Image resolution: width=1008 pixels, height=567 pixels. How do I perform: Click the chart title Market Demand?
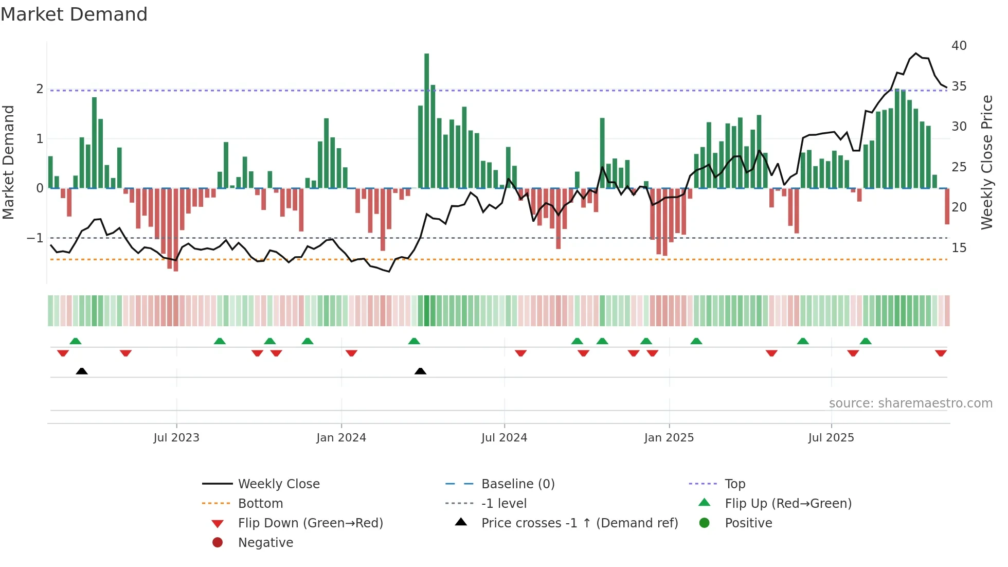click(74, 14)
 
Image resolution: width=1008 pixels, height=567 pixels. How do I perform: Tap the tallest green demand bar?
click(426, 121)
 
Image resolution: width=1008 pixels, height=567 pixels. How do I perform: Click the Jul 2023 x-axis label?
click(176, 438)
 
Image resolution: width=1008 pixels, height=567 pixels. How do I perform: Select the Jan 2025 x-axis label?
click(669, 438)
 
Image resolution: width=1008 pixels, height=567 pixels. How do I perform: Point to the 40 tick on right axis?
click(959, 46)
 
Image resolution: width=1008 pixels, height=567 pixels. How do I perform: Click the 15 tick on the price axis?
click(959, 248)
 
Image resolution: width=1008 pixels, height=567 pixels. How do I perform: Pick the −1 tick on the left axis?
click(35, 238)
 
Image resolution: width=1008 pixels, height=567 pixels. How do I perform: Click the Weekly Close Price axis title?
click(986, 162)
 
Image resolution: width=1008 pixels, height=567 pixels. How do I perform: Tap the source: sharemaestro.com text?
click(910, 403)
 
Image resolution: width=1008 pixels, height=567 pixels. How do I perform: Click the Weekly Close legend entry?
click(278, 484)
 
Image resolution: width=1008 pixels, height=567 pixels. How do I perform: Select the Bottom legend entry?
click(260, 504)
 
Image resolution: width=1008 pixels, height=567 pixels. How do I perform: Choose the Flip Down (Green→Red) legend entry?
click(310, 523)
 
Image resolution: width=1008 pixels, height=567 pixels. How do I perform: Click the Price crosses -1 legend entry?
click(579, 523)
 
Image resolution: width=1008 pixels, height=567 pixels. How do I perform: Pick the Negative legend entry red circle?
click(218, 543)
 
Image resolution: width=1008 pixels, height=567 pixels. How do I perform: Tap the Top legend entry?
click(734, 484)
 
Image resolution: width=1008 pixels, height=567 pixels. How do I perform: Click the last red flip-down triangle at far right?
click(941, 353)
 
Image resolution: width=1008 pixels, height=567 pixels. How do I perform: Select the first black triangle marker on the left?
click(82, 371)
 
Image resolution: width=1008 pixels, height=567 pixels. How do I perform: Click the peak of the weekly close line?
click(916, 54)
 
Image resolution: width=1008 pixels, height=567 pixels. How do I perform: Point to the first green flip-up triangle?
click(76, 341)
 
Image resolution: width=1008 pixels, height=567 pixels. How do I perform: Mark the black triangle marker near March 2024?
click(420, 371)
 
